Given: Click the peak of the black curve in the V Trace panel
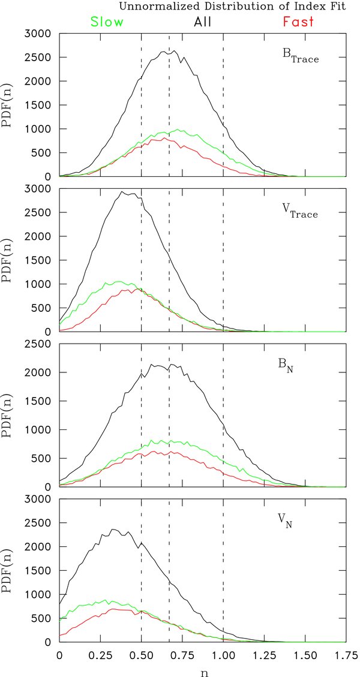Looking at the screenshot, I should point(122,192).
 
